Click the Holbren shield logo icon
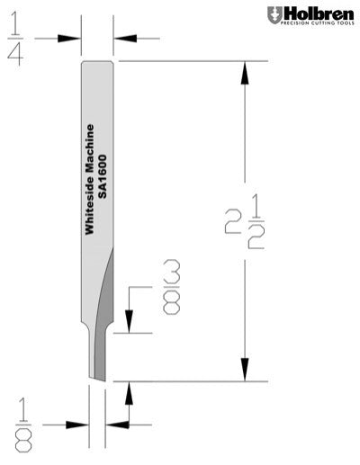(274, 14)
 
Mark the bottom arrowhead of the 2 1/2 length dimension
(243, 369)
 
